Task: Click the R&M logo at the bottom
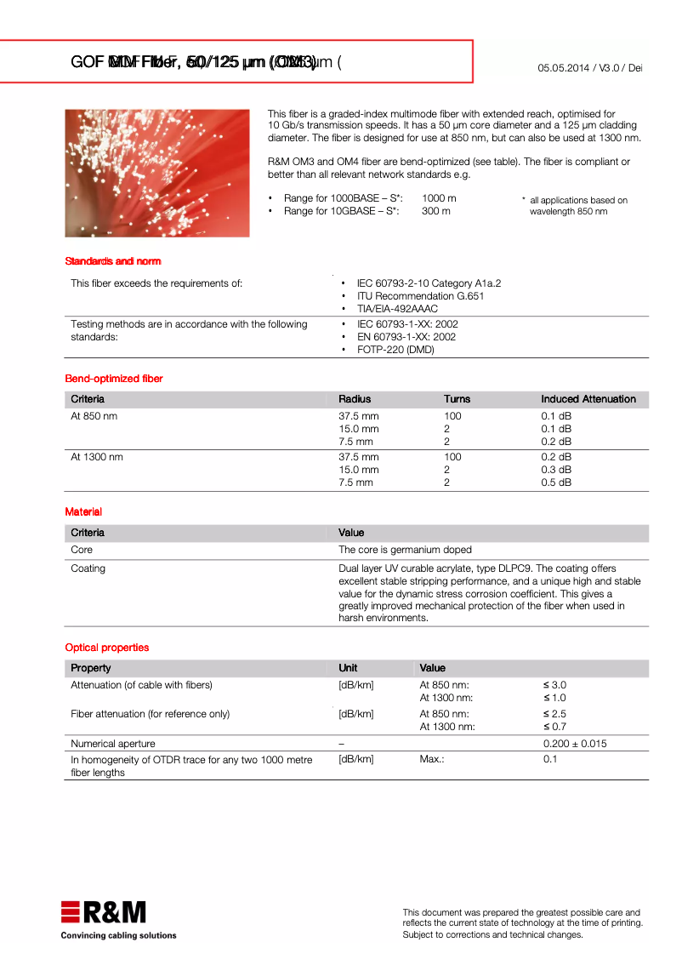pos(103,912)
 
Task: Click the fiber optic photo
pos(157,173)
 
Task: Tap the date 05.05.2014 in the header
pos(563,67)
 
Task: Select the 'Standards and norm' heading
pos(113,261)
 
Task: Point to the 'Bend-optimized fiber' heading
pos(114,379)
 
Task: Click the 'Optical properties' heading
pos(107,648)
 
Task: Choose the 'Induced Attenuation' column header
pos(588,399)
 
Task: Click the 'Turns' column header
pos(457,399)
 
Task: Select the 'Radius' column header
pos(355,399)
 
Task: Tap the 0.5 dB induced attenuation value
pos(556,482)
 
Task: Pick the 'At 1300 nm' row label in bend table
pos(97,457)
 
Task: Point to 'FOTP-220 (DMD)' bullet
pos(395,350)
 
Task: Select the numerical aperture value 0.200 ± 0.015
pos(575,744)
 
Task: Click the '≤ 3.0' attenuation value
pos(554,685)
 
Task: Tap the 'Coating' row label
pos(88,568)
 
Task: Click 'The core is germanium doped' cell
pos(405,550)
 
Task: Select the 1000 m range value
pos(439,198)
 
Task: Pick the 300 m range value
pos(436,211)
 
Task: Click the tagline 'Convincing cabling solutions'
pos(119,935)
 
